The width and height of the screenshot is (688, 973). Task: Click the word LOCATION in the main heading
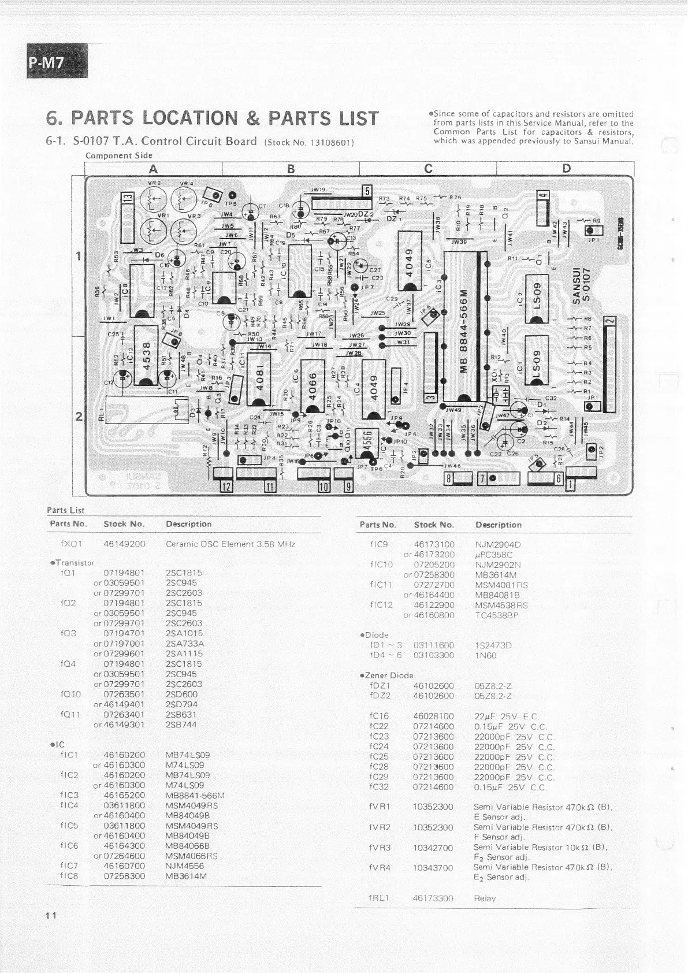point(189,118)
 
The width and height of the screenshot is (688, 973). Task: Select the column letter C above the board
point(428,169)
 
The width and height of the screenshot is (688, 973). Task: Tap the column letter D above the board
point(566,169)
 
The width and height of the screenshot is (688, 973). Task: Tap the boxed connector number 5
point(367,191)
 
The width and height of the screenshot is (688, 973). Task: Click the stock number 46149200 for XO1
point(124,544)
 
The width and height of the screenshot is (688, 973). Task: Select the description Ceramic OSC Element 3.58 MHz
point(230,544)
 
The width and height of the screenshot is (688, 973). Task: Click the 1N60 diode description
point(485,655)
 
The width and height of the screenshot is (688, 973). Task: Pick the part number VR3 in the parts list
point(380,848)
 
